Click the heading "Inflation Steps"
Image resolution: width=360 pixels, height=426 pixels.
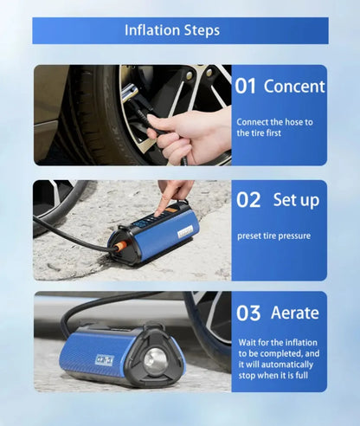pos(172,30)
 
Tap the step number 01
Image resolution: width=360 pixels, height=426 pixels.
pos(245,86)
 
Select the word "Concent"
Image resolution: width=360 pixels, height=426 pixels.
pos(294,86)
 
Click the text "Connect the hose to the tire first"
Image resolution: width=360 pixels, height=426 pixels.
pos(274,127)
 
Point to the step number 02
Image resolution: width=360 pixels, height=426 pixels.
pos(248,199)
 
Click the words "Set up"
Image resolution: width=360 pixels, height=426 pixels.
pos(296,200)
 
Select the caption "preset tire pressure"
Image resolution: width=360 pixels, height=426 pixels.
pos(274,236)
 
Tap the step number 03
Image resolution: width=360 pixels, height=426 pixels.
pos(248,313)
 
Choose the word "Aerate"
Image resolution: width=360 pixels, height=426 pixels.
pos(295,313)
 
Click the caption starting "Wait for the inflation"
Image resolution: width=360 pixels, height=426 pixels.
pos(279,358)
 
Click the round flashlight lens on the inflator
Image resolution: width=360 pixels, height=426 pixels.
pos(155,360)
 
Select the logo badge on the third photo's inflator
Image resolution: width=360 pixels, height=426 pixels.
pos(104,360)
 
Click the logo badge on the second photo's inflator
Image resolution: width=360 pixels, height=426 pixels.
pos(185,231)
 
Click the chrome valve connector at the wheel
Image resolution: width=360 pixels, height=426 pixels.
pos(129,92)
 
